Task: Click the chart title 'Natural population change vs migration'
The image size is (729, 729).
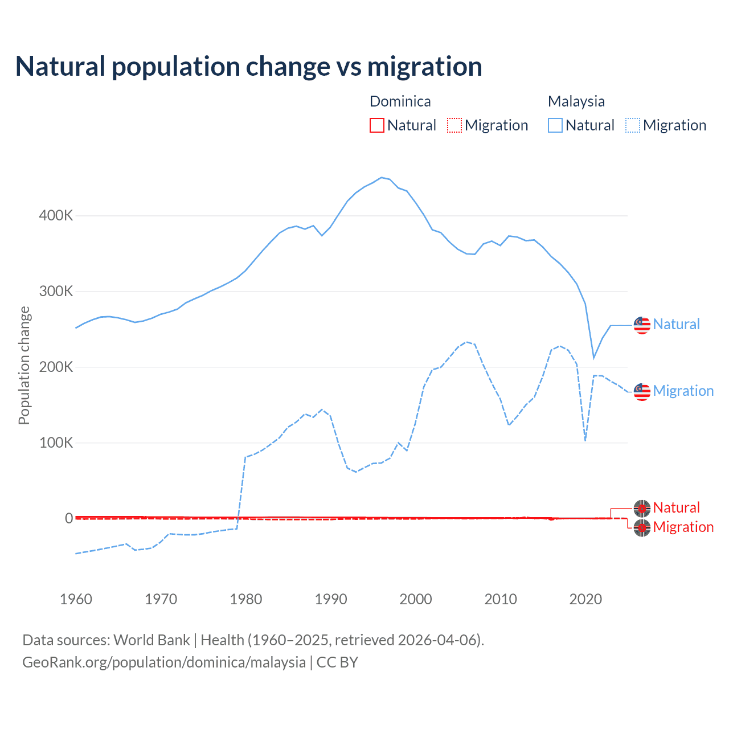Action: coord(249,67)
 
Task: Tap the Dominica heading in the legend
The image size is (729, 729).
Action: coord(400,101)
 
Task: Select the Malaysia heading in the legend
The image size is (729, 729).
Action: coord(576,101)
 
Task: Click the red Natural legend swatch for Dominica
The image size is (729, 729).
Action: coord(377,125)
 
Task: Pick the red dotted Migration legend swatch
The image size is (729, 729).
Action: coord(454,125)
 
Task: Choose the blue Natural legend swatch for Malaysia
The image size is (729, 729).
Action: coord(555,125)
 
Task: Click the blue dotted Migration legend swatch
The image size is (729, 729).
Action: coord(633,125)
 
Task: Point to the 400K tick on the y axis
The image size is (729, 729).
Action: coord(56,216)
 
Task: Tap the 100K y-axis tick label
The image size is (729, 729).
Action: coord(56,443)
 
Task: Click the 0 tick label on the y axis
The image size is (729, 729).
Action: coord(69,518)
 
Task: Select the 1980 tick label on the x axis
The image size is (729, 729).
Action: coord(246,599)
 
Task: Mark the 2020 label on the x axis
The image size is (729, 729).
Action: coord(585,599)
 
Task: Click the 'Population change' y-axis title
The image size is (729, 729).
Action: coord(24,365)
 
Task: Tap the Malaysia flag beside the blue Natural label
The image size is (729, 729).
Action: coord(642,325)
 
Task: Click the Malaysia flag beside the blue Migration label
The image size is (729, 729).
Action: coord(642,392)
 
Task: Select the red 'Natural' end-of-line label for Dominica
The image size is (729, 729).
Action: coord(676,507)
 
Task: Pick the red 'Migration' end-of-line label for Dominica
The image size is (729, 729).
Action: coord(683,527)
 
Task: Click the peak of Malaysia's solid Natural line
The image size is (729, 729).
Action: coord(382,177)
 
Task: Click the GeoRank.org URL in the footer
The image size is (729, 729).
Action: coord(164,662)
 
